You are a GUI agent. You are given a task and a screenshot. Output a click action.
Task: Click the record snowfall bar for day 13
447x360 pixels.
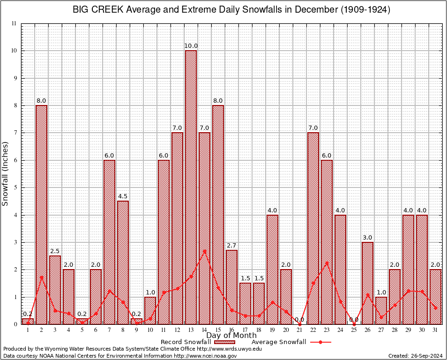pyautogui.click(x=191, y=187)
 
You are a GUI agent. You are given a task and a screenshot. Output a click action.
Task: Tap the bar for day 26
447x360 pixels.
pyautogui.click(x=368, y=283)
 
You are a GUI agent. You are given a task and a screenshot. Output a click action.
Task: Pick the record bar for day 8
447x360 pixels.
pyautogui.click(x=123, y=262)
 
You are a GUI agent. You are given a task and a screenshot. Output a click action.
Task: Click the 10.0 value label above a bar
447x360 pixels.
pyautogui.click(x=191, y=46)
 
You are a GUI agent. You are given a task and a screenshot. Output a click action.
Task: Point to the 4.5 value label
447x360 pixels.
pyautogui.click(x=123, y=196)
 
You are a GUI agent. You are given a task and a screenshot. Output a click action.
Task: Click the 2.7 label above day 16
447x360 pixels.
pyautogui.click(x=231, y=246)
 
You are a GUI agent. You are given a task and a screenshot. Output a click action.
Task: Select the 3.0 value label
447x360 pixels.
pyautogui.click(x=368, y=238)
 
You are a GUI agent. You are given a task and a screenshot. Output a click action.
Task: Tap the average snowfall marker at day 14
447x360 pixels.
pyautogui.click(x=204, y=251)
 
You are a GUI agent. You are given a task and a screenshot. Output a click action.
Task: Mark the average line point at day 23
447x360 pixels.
pyautogui.click(x=327, y=262)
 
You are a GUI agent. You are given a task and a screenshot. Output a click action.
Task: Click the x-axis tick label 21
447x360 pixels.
pyautogui.click(x=300, y=330)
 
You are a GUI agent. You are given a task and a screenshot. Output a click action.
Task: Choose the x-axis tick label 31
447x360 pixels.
pyautogui.click(x=436, y=330)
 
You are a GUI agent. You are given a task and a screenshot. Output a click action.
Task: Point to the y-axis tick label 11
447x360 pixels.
pyautogui.click(x=14, y=23)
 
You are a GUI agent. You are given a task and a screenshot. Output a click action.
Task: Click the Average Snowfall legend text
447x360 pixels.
pyautogui.click(x=279, y=342)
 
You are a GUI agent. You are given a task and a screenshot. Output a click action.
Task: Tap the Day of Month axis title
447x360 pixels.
pyautogui.click(x=231, y=336)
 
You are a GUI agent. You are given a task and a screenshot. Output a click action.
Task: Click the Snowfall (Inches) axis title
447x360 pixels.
pyautogui.click(x=6, y=174)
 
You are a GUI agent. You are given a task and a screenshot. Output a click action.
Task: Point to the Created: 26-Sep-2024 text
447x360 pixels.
pyautogui.click(x=416, y=356)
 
